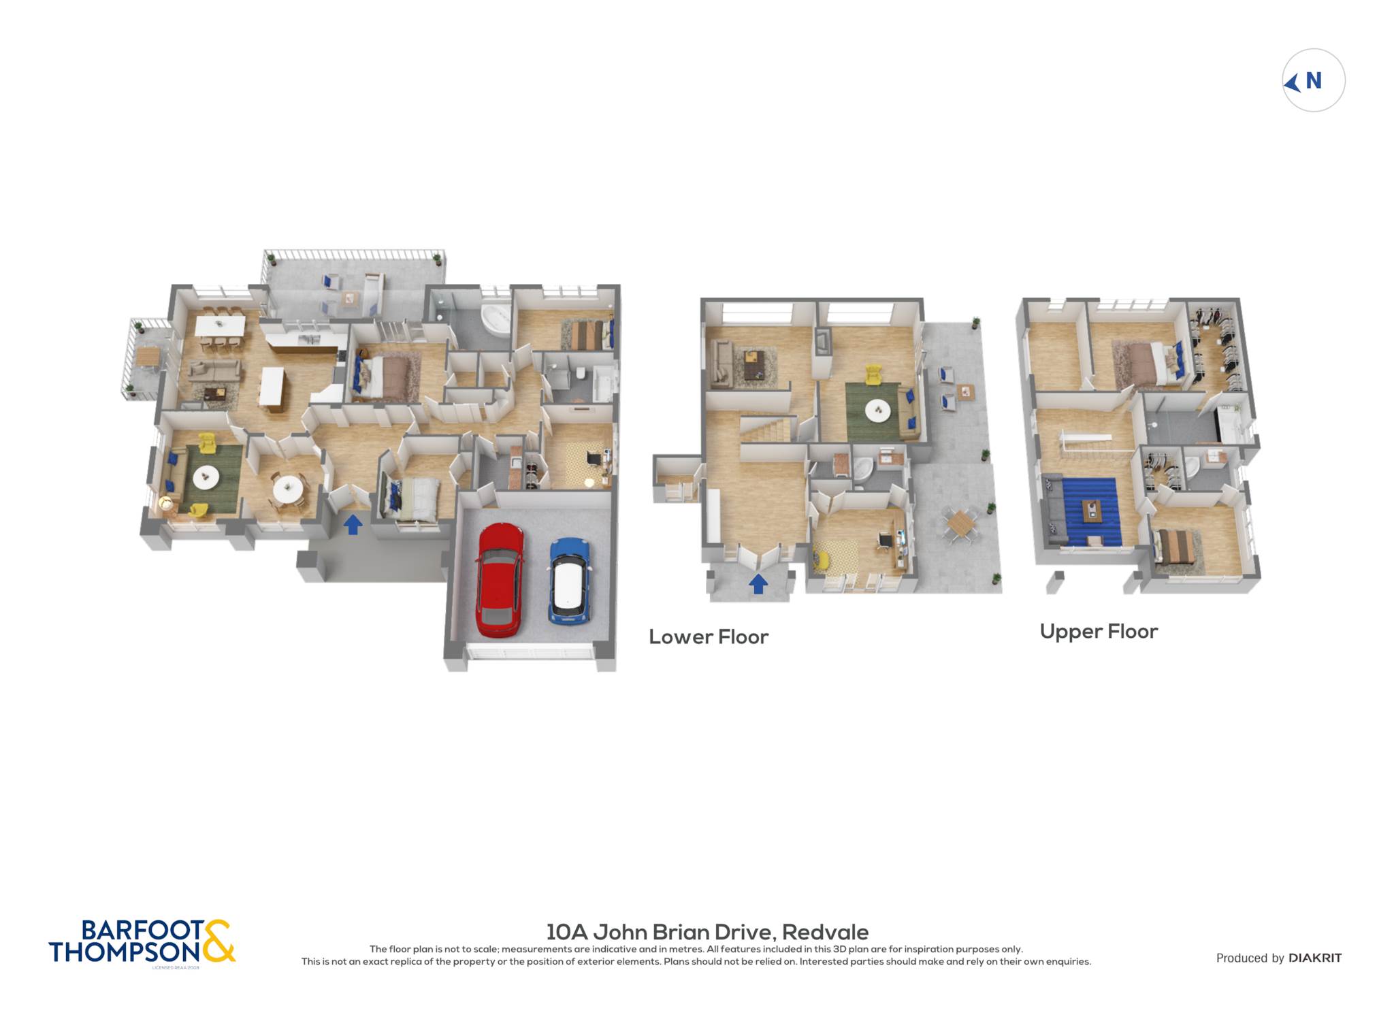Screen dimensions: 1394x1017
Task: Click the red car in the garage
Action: point(500,579)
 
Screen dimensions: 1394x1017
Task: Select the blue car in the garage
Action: point(570,581)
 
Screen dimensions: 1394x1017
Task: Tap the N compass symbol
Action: point(1313,80)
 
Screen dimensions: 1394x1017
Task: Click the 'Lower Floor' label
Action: point(708,637)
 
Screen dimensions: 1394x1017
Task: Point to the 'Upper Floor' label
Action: point(1099,632)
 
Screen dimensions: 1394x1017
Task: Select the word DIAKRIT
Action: point(1315,958)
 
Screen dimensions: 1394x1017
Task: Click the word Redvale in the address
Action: point(825,932)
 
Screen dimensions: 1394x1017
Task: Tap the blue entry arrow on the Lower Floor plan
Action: point(758,583)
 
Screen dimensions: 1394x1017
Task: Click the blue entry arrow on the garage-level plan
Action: point(353,524)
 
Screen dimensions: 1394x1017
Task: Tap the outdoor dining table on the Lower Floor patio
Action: point(960,523)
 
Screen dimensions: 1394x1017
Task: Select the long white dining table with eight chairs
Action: point(220,325)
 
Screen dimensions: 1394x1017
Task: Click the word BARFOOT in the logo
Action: point(142,930)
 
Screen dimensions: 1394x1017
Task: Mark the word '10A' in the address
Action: point(568,932)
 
